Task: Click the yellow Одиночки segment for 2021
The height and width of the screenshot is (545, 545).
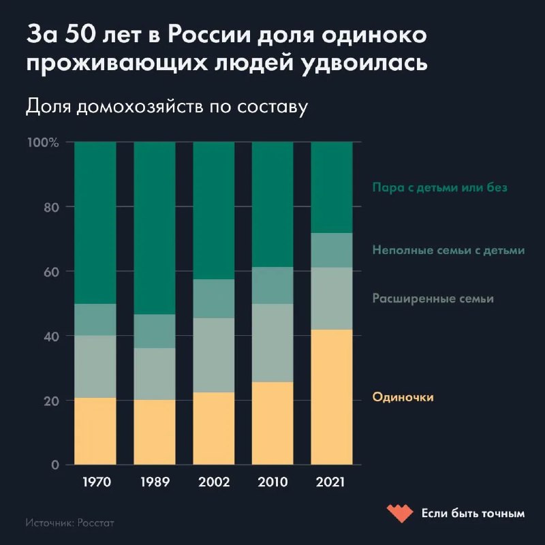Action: point(332,397)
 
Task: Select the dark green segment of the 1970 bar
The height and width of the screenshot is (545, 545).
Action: point(95,223)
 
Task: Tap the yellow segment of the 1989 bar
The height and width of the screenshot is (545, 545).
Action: point(154,432)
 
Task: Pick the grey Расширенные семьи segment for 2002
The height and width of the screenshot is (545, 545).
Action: point(213,355)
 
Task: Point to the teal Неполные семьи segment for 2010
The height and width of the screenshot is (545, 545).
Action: point(272,285)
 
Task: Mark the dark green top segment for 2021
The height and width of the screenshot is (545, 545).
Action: point(332,187)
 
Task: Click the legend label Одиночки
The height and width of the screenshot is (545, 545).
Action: point(403,397)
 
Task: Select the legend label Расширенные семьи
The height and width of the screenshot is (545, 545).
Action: point(433,298)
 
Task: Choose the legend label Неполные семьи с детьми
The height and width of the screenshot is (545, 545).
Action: point(448,250)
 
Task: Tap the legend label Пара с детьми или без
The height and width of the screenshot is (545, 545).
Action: point(440,187)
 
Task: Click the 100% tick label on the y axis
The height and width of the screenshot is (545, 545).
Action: point(43,142)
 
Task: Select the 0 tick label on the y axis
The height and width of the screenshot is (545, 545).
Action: point(55,465)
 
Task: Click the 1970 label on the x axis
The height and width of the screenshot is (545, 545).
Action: point(95,482)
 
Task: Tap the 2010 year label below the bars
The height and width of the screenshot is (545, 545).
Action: point(272,482)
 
